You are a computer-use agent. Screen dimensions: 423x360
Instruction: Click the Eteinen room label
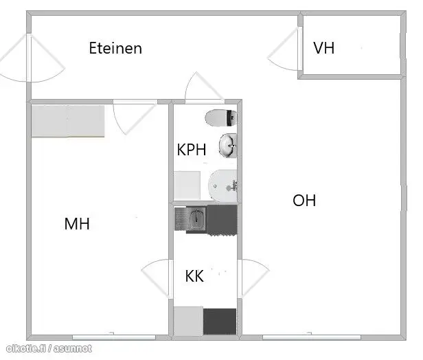115,48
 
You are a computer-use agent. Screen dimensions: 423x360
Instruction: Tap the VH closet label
323,48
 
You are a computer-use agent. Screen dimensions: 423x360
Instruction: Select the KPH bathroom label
192,149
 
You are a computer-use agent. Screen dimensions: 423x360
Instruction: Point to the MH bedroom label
77,224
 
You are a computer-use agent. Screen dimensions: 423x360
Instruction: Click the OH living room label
304,200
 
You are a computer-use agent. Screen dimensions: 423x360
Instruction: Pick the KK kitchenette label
194,275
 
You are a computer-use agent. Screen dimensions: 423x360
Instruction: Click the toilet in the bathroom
221,118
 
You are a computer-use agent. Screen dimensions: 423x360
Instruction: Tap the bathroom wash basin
228,146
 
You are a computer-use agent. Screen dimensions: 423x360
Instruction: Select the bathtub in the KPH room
222,185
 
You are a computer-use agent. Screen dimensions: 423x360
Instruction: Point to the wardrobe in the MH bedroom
68,121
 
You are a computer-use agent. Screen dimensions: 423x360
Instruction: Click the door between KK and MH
157,279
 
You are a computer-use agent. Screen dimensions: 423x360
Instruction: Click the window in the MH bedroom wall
114,337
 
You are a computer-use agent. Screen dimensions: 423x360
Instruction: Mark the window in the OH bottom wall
312,337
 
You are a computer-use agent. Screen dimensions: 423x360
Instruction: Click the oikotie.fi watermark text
49,349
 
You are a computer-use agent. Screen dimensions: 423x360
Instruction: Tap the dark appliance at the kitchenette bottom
220,322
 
